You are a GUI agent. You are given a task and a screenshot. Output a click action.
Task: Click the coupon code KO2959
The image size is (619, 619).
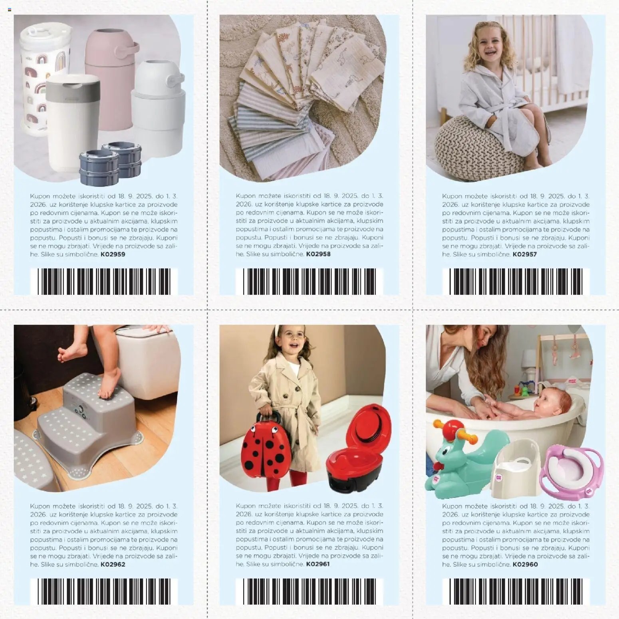pos(113,254)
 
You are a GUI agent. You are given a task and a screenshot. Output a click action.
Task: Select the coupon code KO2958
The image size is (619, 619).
pos(318,254)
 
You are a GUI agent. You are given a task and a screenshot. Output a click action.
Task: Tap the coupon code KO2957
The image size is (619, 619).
pos(524,254)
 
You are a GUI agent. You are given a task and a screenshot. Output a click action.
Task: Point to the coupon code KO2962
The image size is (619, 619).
pos(113,564)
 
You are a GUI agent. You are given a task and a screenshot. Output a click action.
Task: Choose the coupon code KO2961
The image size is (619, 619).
pos(318,564)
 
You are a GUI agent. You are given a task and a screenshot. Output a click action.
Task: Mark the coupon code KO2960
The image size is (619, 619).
pos(525,564)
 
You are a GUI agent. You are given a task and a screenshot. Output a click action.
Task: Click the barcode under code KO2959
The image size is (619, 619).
pos(104,282)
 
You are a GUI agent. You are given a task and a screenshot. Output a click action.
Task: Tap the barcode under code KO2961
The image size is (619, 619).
pos(309,591)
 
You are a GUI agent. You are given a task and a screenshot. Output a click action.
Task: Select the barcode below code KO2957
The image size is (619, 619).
pos(516,282)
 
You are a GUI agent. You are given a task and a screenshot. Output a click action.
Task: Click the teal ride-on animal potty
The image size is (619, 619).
pos(459,459)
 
